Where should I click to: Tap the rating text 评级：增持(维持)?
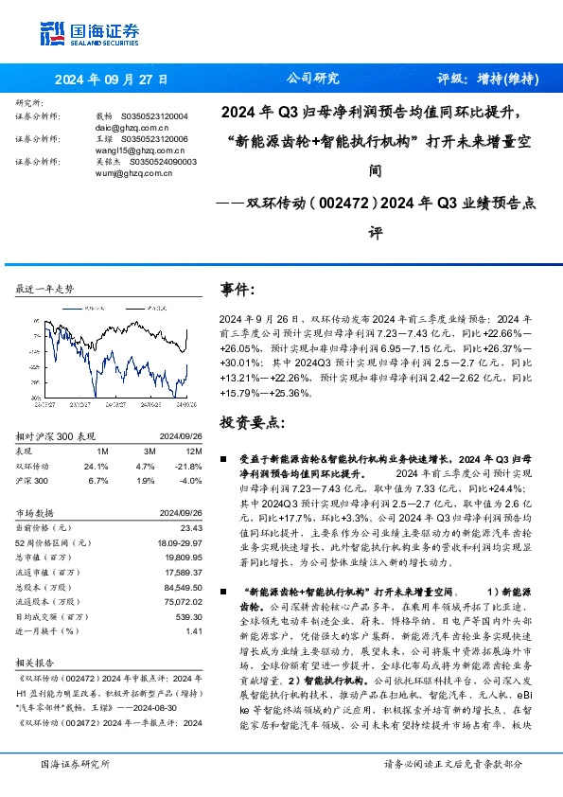(480, 80)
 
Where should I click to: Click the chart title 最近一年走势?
(44, 288)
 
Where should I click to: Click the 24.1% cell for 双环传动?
(97, 466)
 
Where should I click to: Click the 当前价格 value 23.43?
(191, 526)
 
